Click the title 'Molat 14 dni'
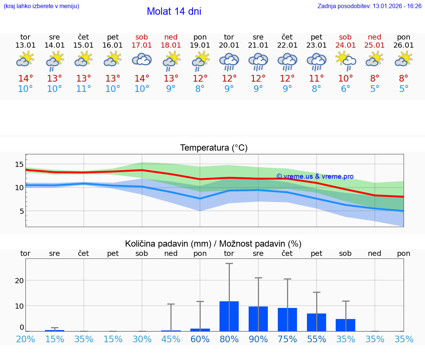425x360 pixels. click(174, 11)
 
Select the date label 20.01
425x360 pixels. click(229, 45)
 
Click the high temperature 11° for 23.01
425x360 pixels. click(316, 79)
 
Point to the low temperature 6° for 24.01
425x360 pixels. click(345, 89)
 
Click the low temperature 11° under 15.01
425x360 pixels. click(84, 89)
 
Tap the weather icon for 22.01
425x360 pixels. click(287, 61)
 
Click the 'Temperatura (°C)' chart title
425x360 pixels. click(214, 148)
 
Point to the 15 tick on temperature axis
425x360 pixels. click(19, 164)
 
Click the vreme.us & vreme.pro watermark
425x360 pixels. click(315, 176)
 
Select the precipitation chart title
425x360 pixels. click(213, 244)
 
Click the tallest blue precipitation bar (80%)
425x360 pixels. click(229, 316)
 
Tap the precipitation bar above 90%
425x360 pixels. click(258, 319)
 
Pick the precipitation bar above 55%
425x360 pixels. click(316, 322)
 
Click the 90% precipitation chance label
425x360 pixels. click(258, 339)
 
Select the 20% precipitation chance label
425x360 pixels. click(26, 339)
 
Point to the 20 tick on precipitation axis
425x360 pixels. click(19, 280)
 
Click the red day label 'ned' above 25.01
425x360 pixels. click(374, 37)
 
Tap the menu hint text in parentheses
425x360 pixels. click(41, 6)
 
